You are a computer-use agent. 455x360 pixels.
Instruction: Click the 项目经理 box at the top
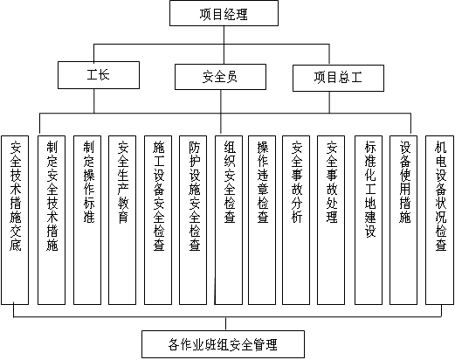[x=224, y=13]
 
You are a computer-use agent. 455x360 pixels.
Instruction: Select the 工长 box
[x=99, y=75]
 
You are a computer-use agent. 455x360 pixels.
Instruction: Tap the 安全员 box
[x=220, y=77]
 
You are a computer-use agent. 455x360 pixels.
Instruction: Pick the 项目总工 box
[x=338, y=78]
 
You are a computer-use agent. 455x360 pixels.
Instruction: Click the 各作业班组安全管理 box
[x=223, y=344]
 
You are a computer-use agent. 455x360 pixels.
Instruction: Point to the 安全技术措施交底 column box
[x=15, y=220]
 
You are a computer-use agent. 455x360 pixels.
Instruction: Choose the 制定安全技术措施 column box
[x=52, y=220]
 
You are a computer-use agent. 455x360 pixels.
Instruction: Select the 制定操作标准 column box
[x=87, y=220]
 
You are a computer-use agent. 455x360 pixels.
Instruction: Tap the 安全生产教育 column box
[x=122, y=220]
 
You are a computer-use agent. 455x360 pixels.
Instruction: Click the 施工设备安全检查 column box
[x=158, y=220]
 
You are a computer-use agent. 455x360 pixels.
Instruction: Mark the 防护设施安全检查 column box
[x=193, y=220]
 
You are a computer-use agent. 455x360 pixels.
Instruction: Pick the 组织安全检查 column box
[x=229, y=220]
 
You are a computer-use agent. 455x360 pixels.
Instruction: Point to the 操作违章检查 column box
[x=262, y=220]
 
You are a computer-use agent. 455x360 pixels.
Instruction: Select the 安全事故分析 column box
[x=296, y=220]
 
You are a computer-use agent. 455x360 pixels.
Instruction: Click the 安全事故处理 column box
[x=331, y=220]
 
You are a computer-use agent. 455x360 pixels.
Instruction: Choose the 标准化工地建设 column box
[x=369, y=220]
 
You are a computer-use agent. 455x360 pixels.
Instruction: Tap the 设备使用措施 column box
[x=403, y=220]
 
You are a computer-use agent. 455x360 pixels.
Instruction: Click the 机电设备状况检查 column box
[x=439, y=220]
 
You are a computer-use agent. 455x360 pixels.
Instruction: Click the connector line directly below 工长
[x=94, y=101]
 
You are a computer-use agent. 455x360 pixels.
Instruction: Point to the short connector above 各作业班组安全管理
[x=225, y=324]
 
